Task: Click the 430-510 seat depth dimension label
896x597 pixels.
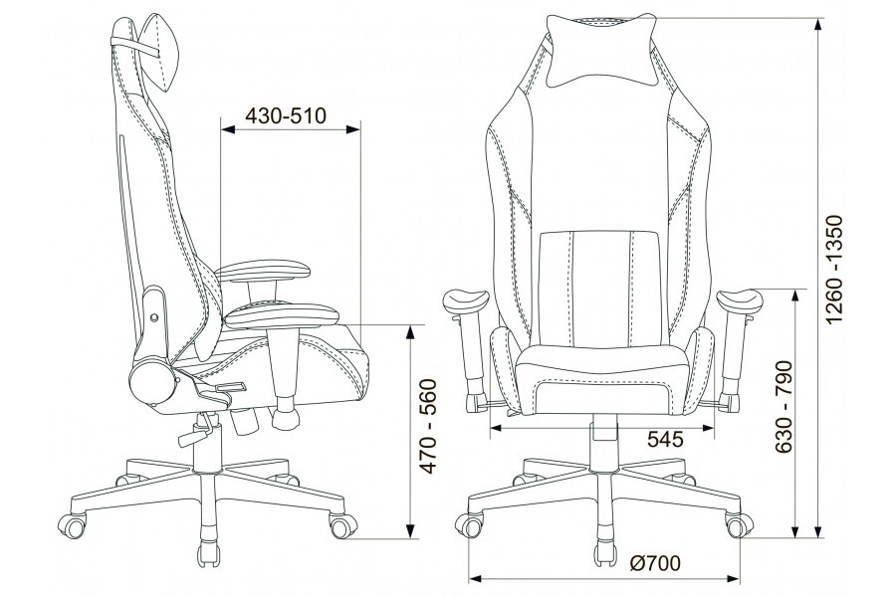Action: click(285, 116)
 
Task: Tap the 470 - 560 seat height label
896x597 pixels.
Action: click(428, 426)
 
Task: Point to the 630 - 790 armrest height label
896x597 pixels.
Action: click(784, 406)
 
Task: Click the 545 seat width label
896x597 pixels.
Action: click(666, 439)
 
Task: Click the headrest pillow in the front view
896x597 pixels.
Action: click(599, 52)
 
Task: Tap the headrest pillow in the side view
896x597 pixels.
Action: click(160, 52)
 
